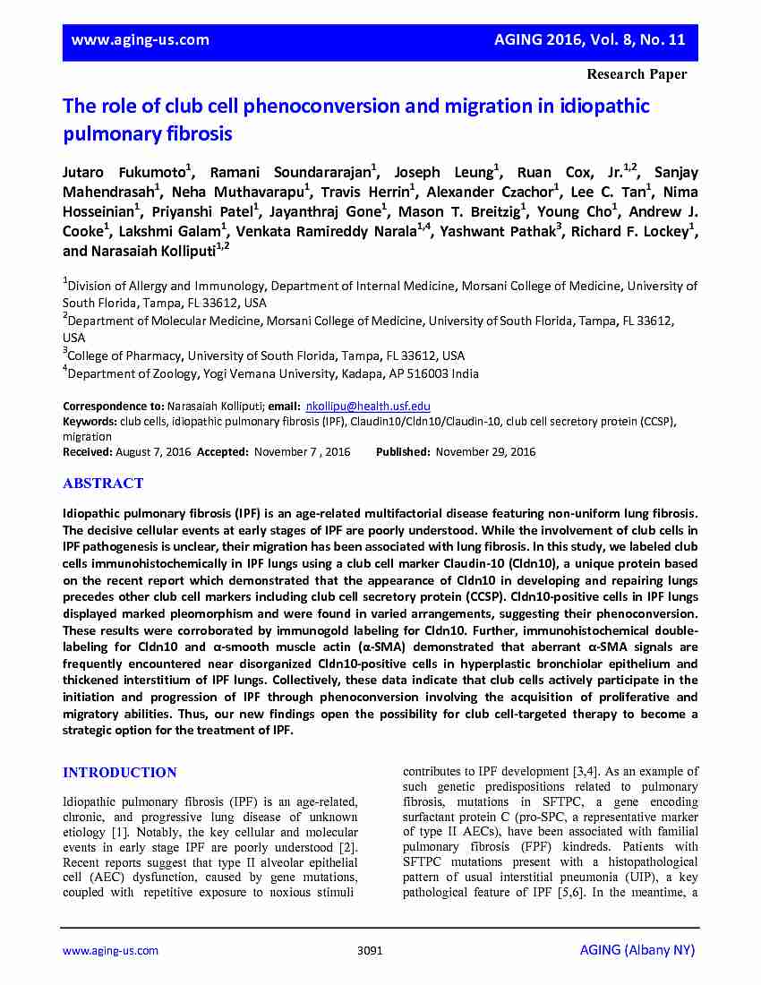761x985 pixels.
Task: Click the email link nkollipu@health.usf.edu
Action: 368,406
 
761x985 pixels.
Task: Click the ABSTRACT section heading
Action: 103,484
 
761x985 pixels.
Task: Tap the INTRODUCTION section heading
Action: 120,773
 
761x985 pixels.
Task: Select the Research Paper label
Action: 637,74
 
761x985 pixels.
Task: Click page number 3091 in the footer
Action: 370,951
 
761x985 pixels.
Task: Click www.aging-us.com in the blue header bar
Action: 140,39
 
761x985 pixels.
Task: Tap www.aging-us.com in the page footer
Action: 110,951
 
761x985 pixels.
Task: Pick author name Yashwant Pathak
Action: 500,231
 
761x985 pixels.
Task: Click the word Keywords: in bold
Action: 90,421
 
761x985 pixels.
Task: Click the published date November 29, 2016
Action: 485,452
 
